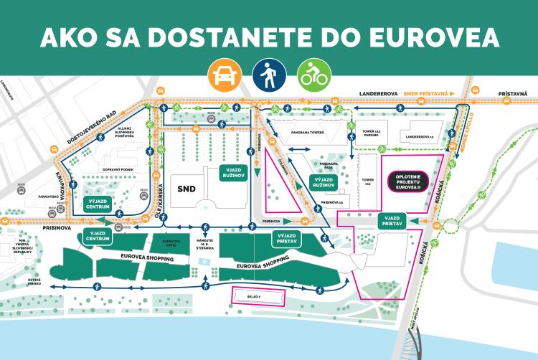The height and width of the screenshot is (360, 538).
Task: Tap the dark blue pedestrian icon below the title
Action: (x=268, y=72)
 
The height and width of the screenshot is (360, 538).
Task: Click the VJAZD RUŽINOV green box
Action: (x=234, y=174)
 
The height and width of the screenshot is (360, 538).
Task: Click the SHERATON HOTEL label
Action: (x=170, y=242)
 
